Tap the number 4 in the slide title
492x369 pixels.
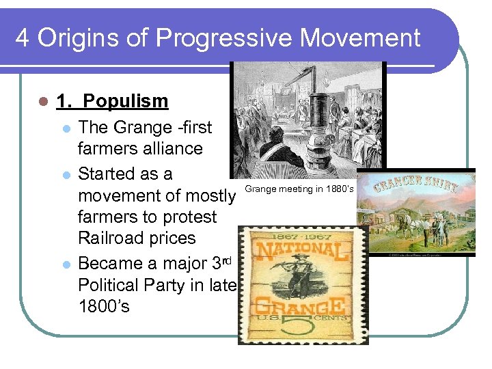pyautogui.click(x=22, y=38)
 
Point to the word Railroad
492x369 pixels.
pyautogui.click(x=113, y=238)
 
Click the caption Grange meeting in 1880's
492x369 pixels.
pyautogui.click(x=299, y=189)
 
